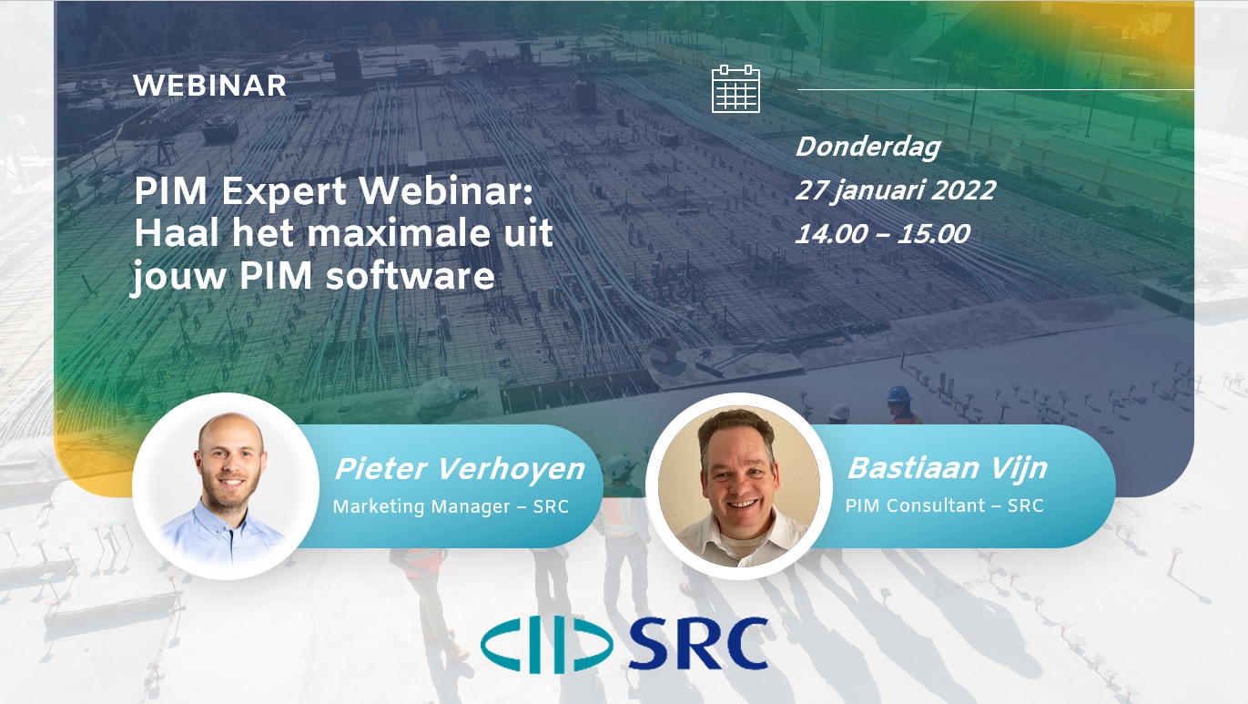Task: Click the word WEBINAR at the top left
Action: tap(209, 86)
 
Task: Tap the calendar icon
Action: tap(736, 88)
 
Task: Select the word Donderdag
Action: tap(868, 148)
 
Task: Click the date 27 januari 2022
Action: tap(896, 190)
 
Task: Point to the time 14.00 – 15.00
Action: tap(882, 234)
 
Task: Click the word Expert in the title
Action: tap(284, 192)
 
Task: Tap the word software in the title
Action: tap(410, 276)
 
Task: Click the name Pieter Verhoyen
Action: tap(460, 469)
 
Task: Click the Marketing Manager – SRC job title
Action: tap(451, 506)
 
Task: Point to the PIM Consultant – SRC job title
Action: tap(944, 505)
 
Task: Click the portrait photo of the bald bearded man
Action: tap(226, 486)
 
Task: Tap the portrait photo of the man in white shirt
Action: tap(739, 486)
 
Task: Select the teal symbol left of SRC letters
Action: tap(546, 645)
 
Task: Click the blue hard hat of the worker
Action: tap(899, 394)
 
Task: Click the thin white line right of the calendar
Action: tap(996, 89)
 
